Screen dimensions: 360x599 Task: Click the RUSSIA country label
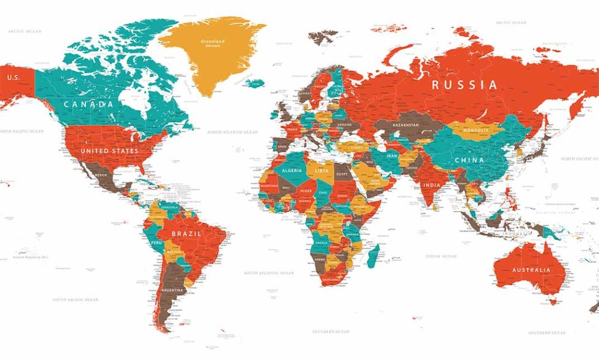pos(464,85)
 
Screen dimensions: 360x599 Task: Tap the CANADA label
pos(88,104)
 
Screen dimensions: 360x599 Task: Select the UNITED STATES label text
pos(110,151)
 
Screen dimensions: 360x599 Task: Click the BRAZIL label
pos(187,234)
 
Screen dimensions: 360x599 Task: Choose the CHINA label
pos(469,160)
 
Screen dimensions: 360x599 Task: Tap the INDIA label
pos(432,186)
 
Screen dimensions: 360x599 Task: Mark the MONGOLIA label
pos(476,130)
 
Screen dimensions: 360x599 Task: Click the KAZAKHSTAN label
pos(406,125)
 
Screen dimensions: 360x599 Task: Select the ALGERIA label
pos(292,170)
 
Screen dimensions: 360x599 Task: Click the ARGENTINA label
pos(173,290)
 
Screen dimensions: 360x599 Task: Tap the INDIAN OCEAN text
pos(441,256)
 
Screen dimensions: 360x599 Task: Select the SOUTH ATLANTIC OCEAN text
pos(269,273)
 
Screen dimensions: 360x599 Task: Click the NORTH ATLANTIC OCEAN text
pos(232,133)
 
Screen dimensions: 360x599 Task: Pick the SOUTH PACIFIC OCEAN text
pos(75,300)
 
